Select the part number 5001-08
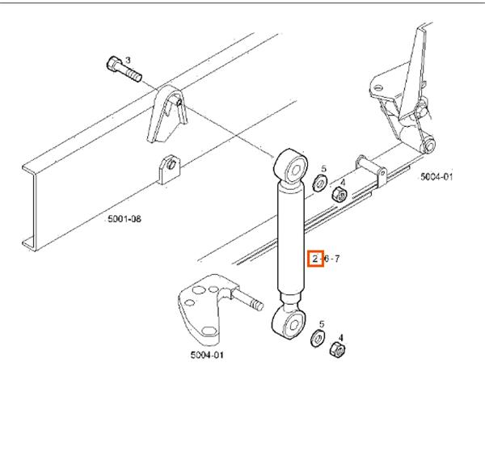pos(125,218)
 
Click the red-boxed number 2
pos(315,259)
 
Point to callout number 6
pos(326,259)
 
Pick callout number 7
pos(337,259)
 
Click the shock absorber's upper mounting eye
pos(292,167)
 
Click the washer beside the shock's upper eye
pos(320,184)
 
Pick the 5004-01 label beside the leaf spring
pos(436,176)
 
